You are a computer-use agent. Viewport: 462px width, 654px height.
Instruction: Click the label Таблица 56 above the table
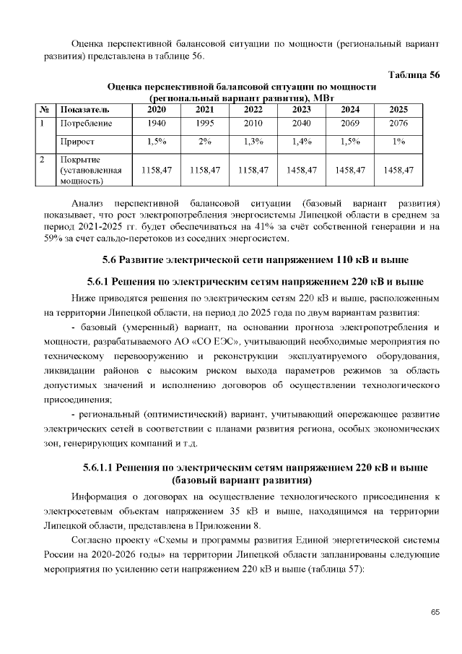[x=414, y=75]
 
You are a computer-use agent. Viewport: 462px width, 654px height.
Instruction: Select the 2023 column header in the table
[x=301, y=110]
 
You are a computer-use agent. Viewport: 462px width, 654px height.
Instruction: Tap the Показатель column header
[x=85, y=110]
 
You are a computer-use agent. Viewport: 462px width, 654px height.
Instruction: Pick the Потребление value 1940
[x=156, y=124]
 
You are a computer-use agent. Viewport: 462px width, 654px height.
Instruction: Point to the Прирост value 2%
[x=204, y=142]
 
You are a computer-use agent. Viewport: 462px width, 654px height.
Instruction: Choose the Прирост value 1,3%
[x=253, y=142]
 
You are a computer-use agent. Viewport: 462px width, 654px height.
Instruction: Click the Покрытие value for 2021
[x=204, y=170]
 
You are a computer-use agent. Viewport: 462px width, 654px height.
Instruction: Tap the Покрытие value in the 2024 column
[x=349, y=170]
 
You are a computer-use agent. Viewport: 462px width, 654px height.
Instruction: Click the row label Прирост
[x=77, y=142]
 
